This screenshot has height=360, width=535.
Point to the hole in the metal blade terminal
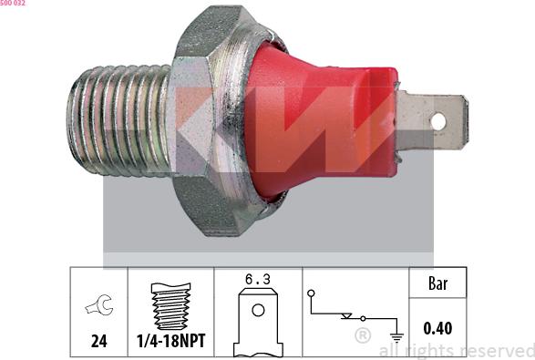pos(437,120)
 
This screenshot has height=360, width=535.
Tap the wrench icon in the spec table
pos(98,307)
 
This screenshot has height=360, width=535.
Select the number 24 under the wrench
pos(98,342)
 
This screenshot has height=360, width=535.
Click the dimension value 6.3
pos(257,283)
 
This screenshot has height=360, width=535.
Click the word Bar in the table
pos(437,284)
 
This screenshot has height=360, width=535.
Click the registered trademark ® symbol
pos(362,337)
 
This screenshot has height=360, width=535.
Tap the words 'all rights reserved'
pos(456,350)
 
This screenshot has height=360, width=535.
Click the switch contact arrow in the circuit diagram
pos(345,316)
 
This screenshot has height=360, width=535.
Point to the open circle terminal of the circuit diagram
pos(311,293)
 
